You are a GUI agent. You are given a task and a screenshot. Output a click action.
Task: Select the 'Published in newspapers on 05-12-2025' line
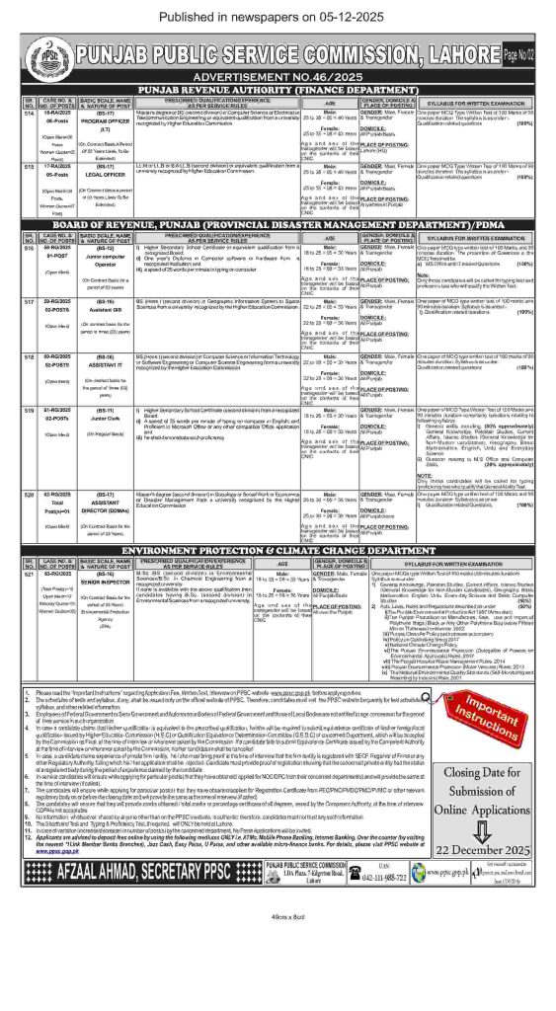278,15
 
